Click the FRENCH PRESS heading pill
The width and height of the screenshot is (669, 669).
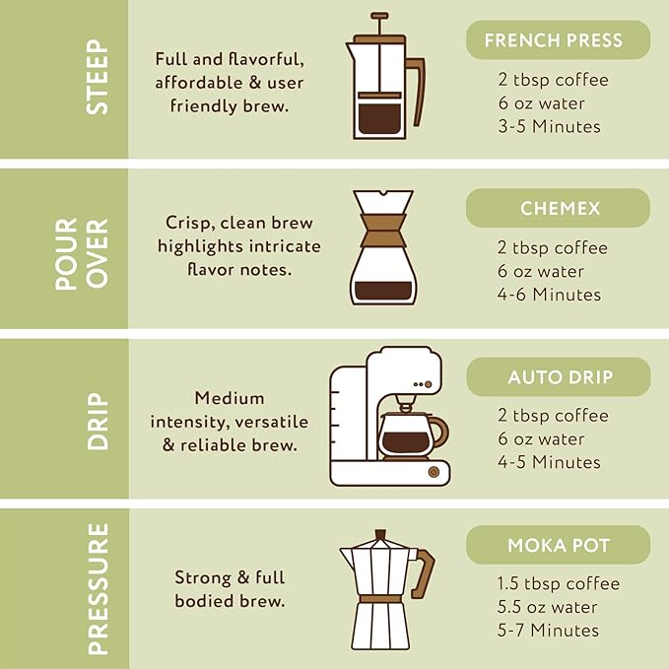(558, 39)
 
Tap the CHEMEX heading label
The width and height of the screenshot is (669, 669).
(558, 208)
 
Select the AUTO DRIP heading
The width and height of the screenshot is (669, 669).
(558, 376)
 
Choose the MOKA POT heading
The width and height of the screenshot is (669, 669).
(558, 545)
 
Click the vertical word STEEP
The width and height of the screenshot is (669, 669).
(98, 77)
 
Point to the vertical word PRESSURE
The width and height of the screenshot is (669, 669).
(99, 589)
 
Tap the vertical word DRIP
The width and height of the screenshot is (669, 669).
(99, 421)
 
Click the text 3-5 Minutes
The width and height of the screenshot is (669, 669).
(549, 127)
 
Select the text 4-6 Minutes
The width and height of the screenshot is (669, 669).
(549, 295)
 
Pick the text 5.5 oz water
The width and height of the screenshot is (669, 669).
(548, 607)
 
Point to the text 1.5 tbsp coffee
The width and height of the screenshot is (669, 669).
(559, 583)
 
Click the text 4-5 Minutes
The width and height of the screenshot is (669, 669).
(549, 462)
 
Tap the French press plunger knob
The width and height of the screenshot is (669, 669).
(379, 16)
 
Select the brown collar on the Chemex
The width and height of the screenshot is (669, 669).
(382, 231)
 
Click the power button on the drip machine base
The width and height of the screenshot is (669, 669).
(434, 472)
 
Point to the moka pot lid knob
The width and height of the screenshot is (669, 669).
(380, 534)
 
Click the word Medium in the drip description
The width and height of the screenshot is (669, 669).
(230, 398)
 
